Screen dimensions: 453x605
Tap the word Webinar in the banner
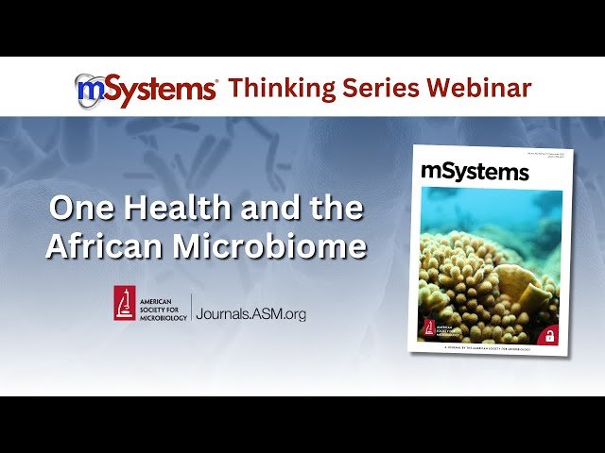pos(480,89)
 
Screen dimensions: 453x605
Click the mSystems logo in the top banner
pos(147,90)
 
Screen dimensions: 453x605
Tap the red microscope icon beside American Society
pos(125,303)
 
